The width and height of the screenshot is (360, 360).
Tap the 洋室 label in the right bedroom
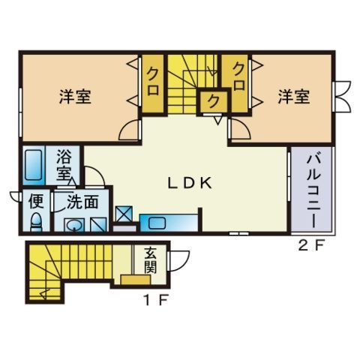[x=294, y=97]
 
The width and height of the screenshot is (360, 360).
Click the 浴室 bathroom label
[x=65, y=165]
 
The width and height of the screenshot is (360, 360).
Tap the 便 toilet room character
[x=36, y=201]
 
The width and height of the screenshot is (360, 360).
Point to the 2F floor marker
[x=310, y=245]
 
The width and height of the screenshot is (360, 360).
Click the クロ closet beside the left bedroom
[x=153, y=78]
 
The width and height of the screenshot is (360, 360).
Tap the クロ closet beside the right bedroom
[x=239, y=76]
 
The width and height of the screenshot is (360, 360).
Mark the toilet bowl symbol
[x=35, y=221]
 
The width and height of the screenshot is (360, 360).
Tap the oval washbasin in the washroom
[x=73, y=224]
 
